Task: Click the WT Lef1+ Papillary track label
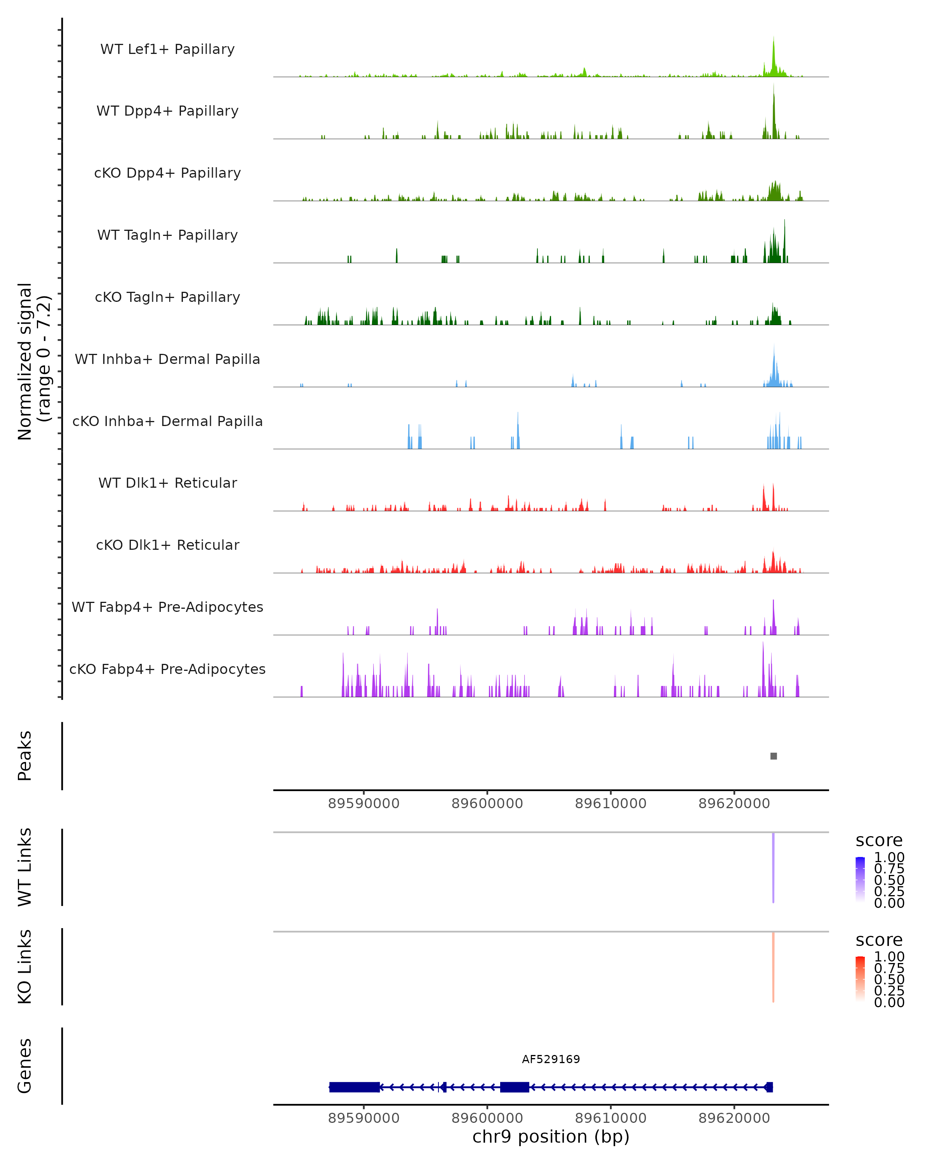click(x=167, y=49)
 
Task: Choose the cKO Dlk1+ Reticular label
click(x=167, y=545)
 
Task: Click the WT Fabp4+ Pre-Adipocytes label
click(x=167, y=607)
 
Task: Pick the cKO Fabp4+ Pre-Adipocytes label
click(x=167, y=669)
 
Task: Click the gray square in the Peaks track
click(x=773, y=756)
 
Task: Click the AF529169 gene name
click(x=551, y=1059)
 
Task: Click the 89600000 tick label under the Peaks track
click(x=487, y=804)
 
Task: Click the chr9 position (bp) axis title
click(x=551, y=1136)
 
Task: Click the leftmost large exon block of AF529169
click(x=355, y=1087)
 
